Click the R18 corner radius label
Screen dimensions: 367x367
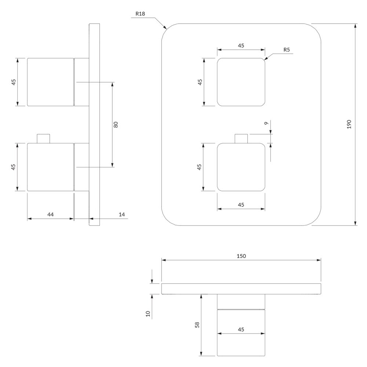click(x=140, y=14)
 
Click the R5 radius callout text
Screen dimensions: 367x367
click(x=287, y=50)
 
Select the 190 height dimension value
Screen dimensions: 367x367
click(x=349, y=124)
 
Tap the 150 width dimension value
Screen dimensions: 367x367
click(x=241, y=256)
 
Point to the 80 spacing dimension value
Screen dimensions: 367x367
click(x=116, y=125)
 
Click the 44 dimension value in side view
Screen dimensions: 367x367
click(x=51, y=214)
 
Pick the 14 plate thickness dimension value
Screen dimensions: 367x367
click(x=122, y=214)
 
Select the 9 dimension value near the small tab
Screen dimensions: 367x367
click(x=266, y=123)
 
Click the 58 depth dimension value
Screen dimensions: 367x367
click(x=197, y=325)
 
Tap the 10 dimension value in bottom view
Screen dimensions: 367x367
click(x=148, y=314)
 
